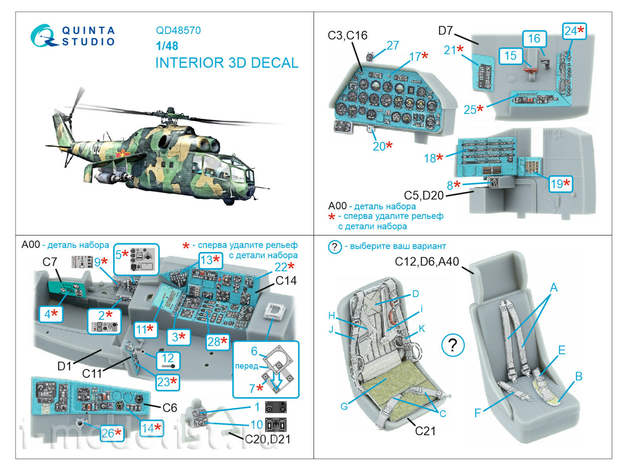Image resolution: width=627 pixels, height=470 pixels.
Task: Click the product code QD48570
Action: pyautogui.click(x=178, y=31)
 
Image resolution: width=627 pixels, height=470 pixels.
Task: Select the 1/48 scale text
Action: pyautogui.click(x=167, y=46)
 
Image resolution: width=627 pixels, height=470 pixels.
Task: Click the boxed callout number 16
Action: pyautogui.click(x=534, y=39)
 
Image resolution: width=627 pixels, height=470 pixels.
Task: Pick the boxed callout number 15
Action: pyautogui.click(x=510, y=56)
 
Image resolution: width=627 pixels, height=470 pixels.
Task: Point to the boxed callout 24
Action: pyautogui.click(x=574, y=31)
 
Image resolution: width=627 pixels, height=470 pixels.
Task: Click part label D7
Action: pyautogui.click(x=446, y=31)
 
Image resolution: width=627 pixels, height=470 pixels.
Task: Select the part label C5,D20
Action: pyautogui.click(x=424, y=195)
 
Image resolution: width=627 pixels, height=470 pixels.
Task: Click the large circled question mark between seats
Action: pyautogui.click(x=453, y=345)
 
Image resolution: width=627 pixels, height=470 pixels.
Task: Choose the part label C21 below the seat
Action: pyautogui.click(x=425, y=431)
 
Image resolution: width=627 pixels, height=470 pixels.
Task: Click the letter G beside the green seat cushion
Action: pyautogui.click(x=344, y=406)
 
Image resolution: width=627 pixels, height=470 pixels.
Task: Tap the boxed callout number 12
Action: pyautogui.click(x=168, y=359)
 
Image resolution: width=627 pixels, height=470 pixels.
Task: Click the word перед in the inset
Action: pyautogui.click(x=246, y=366)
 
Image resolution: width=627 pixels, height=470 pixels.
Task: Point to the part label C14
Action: pyautogui.click(x=286, y=281)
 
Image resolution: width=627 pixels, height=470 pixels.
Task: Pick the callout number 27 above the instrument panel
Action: pyautogui.click(x=392, y=46)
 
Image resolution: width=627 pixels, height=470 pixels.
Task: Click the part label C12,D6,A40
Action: pyautogui.click(x=426, y=262)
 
